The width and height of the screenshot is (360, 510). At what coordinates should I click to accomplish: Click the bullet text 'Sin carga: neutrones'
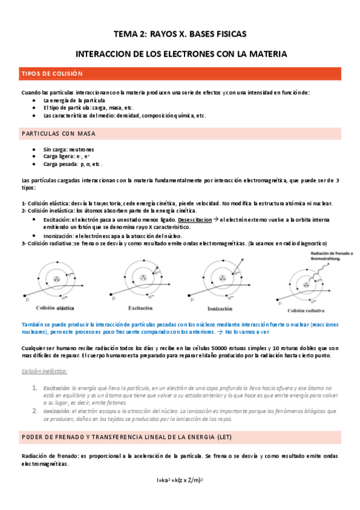pyautogui.click(x=69, y=149)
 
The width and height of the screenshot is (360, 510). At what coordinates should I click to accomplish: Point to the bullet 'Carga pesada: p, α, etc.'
pyautogui.click(x=72, y=164)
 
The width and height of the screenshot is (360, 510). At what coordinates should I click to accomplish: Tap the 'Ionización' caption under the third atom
pyautogui.click(x=221, y=307)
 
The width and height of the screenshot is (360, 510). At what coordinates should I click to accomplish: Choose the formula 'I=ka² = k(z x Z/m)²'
pyautogui.click(x=181, y=479)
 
